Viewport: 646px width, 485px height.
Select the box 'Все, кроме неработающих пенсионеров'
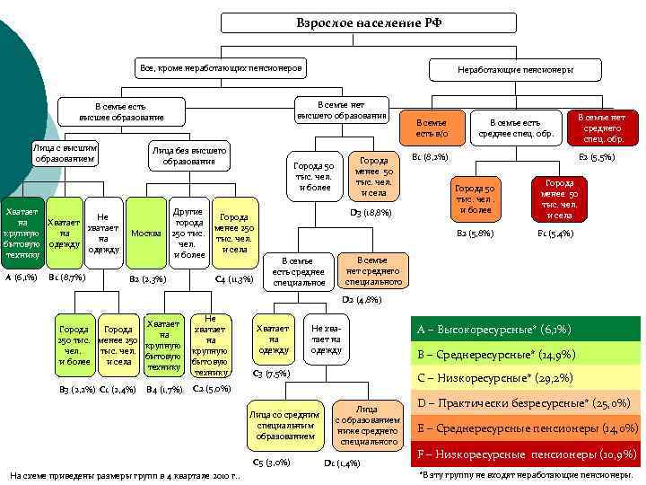coord(220,68)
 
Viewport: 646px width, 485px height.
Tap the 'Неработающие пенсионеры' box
coord(515,69)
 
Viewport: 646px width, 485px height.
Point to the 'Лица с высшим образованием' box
coord(64,152)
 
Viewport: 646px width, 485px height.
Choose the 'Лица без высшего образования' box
coord(189,155)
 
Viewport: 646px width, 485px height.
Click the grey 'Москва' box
coord(145,233)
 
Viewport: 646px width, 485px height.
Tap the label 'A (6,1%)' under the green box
coord(21,278)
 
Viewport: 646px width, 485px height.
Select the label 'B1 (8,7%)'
coord(66,278)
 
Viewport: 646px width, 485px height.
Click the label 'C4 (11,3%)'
coord(234,279)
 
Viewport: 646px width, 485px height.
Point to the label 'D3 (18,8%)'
coord(371,213)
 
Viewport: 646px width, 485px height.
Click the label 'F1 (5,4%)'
coord(555,234)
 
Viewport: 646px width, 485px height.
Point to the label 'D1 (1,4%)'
coord(341,463)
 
